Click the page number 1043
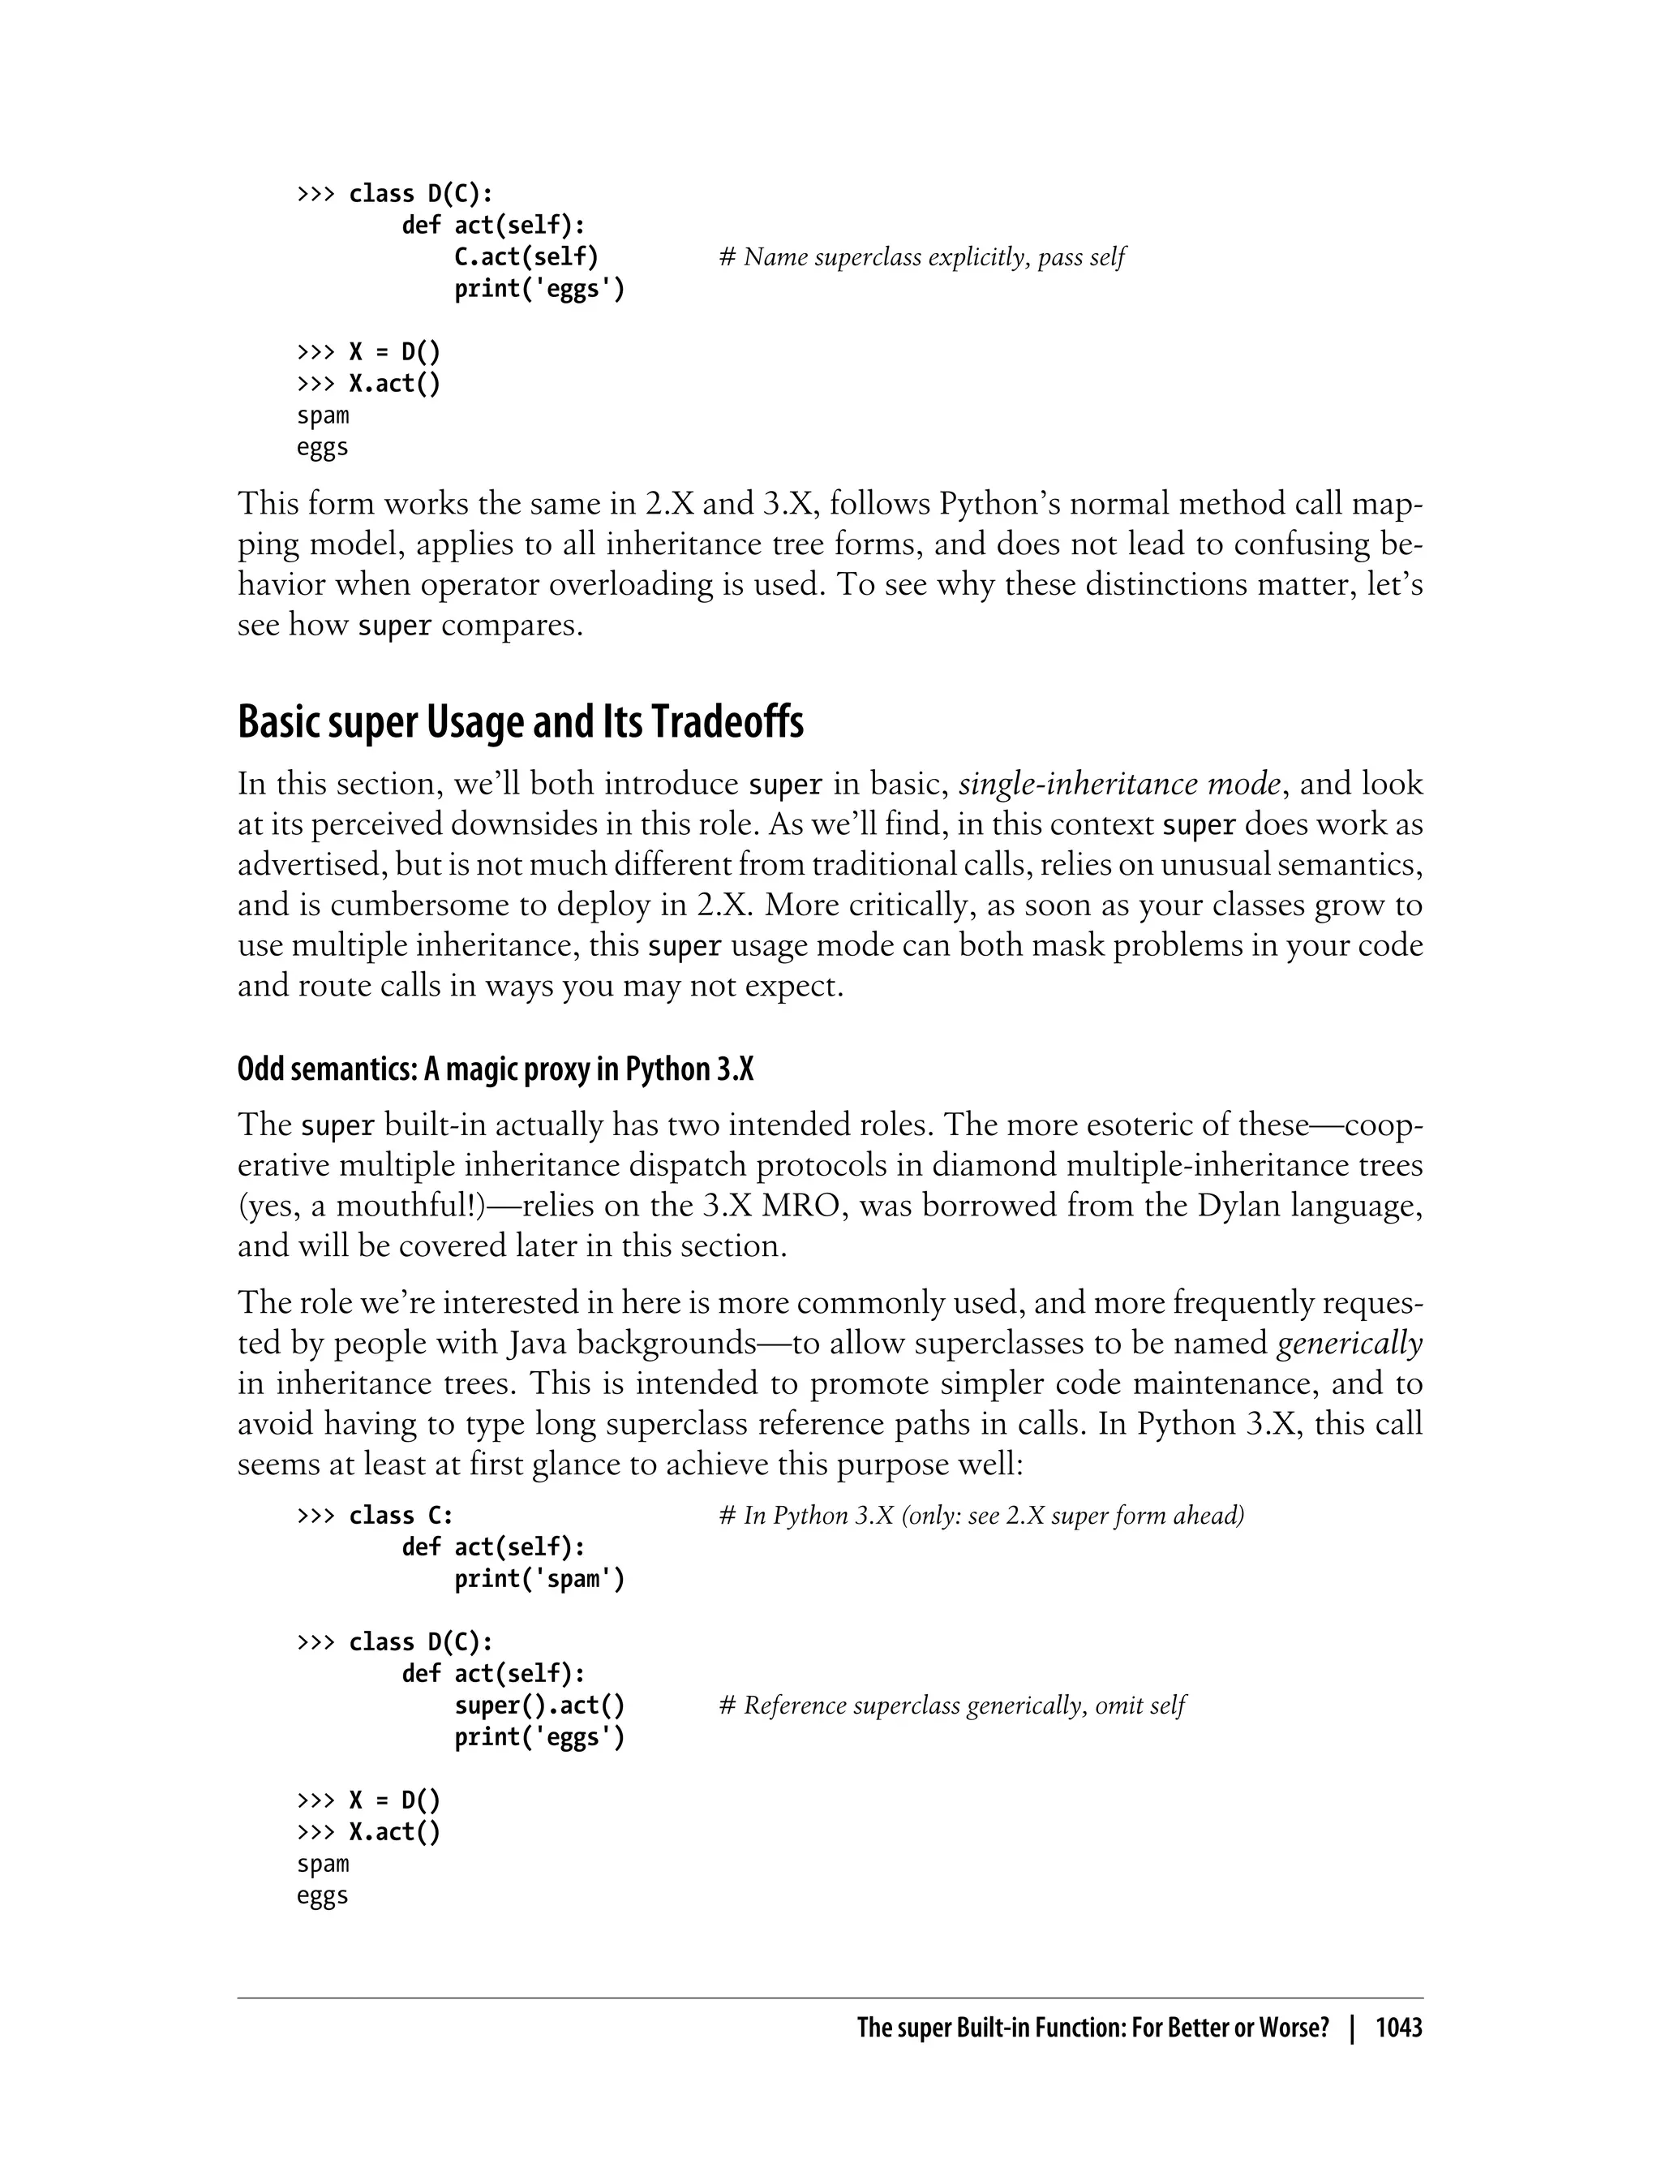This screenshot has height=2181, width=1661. pos(1398,2028)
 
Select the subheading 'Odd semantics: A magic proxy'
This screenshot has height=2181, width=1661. pos(495,1069)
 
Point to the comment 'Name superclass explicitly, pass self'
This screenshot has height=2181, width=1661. pos(922,257)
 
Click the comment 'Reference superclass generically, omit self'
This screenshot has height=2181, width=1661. pos(952,1706)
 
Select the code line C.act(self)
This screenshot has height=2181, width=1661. pos(526,257)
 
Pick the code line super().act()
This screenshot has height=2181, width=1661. pos(539,1706)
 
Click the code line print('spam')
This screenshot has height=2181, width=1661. pos(539,1579)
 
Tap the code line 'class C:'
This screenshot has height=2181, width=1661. pos(401,1516)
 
